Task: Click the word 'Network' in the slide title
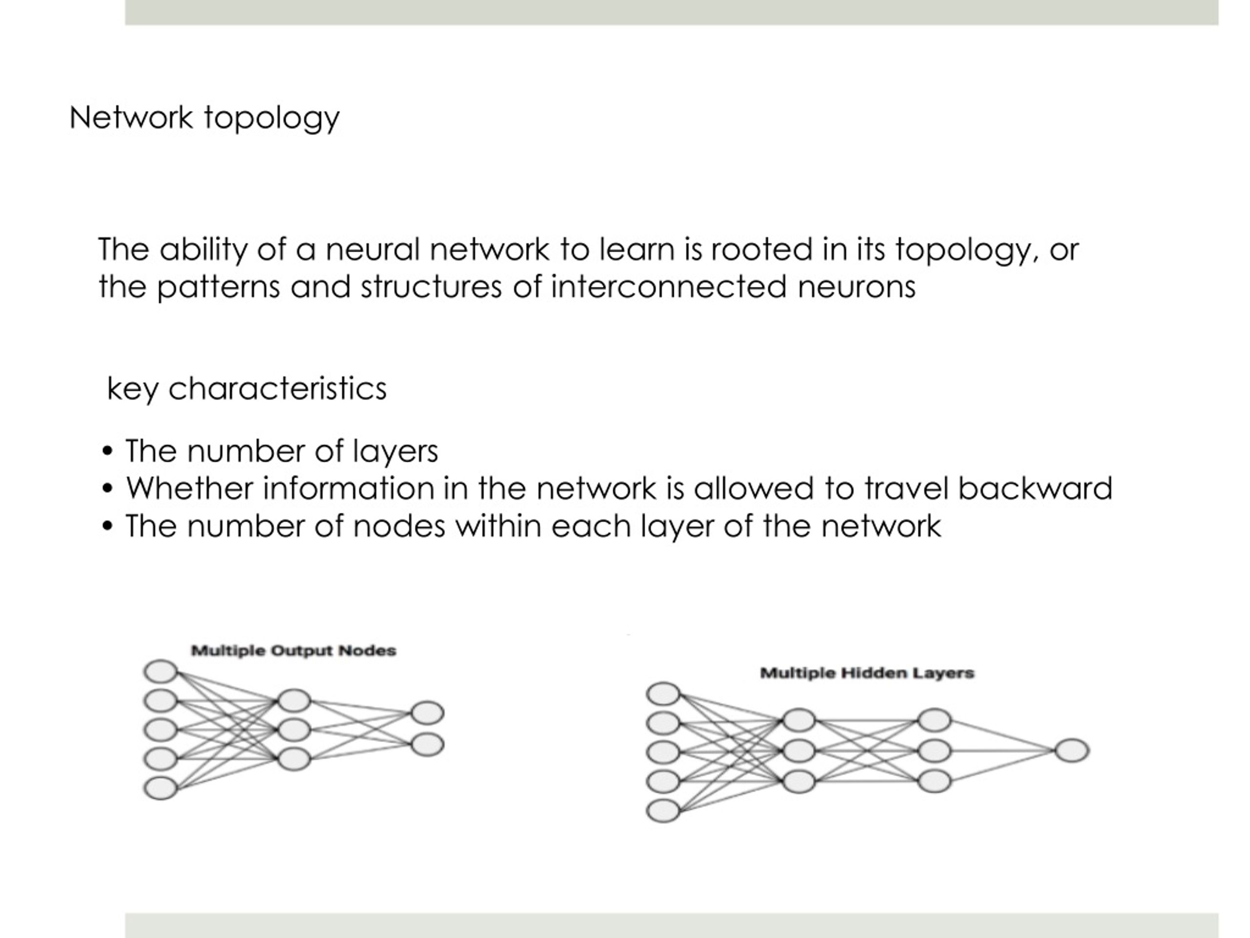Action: point(131,118)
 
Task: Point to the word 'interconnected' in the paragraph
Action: point(669,286)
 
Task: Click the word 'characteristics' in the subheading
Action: point(277,388)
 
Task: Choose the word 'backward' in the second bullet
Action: point(1035,488)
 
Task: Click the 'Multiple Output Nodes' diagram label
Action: point(294,651)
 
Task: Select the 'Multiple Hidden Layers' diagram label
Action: point(867,673)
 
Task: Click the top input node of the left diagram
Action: point(161,672)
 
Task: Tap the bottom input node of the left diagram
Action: point(161,788)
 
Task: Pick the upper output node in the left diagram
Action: point(427,713)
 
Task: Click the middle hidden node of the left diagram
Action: point(294,730)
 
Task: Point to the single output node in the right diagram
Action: point(1072,750)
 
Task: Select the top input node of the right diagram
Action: point(663,694)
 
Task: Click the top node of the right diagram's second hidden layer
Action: point(935,720)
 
